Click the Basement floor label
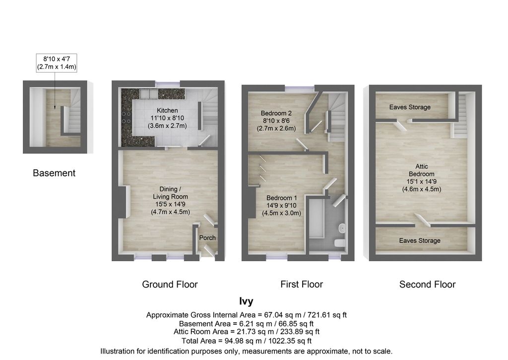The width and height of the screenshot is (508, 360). click(x=54, y=173)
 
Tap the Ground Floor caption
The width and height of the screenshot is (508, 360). click(x=170, y=285)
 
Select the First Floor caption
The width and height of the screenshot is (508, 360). click(x=302, y=285)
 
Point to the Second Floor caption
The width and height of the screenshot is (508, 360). click(x=428, y=285)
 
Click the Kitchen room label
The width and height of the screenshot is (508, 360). click(x=167, y=110)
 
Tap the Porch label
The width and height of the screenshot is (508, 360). click(x=207, y=238)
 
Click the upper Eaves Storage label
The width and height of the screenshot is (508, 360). click(x=410, y=107)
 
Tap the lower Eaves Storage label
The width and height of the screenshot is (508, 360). click(x=420, y=241)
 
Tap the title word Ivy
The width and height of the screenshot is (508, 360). click(x=247, y=301)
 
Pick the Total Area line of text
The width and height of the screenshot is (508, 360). click(x=246, y=341)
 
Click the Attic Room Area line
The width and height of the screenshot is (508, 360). click(x=247, y=332)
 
